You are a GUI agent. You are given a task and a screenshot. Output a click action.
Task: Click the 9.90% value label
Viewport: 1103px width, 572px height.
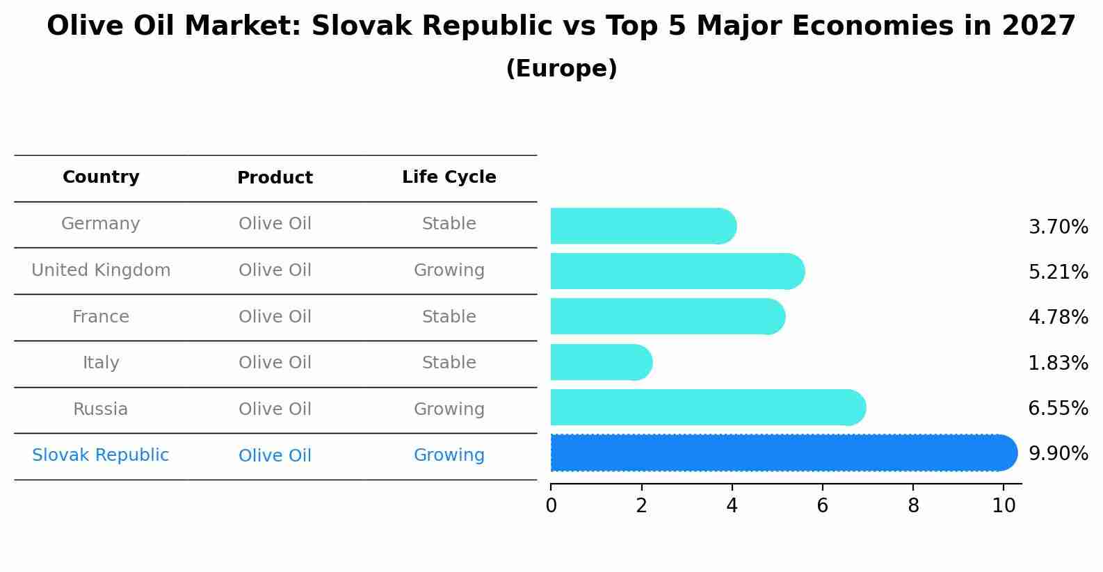[1058, 454]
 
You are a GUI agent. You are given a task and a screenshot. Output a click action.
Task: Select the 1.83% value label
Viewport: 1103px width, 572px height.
[1058, 363]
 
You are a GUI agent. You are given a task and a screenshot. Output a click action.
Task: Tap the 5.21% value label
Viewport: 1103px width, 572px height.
[1058, 272]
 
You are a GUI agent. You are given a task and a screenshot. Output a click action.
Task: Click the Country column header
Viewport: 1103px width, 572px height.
[101, 177]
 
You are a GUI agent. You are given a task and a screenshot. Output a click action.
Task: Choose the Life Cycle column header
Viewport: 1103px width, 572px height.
[449, 177]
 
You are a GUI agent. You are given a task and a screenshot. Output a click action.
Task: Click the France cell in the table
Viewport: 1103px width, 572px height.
[101, 317]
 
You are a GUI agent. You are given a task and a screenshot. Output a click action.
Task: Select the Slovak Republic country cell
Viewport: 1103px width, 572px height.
[101, 455]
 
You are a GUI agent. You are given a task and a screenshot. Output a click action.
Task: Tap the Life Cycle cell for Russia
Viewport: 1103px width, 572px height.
[449, 409]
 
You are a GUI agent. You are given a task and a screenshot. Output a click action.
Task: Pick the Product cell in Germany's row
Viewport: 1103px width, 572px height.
[275, 224]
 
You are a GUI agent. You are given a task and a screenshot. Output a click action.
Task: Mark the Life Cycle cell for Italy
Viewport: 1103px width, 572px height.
[449, 363]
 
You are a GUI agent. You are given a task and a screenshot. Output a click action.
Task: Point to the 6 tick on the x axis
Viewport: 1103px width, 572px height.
[822, 505]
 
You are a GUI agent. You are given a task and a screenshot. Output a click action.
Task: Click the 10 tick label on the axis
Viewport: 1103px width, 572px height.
[1004, 505]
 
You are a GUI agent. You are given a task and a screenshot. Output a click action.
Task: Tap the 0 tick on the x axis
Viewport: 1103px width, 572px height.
[551, 505]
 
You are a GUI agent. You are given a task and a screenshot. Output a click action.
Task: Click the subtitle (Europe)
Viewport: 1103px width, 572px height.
[561, 69]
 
